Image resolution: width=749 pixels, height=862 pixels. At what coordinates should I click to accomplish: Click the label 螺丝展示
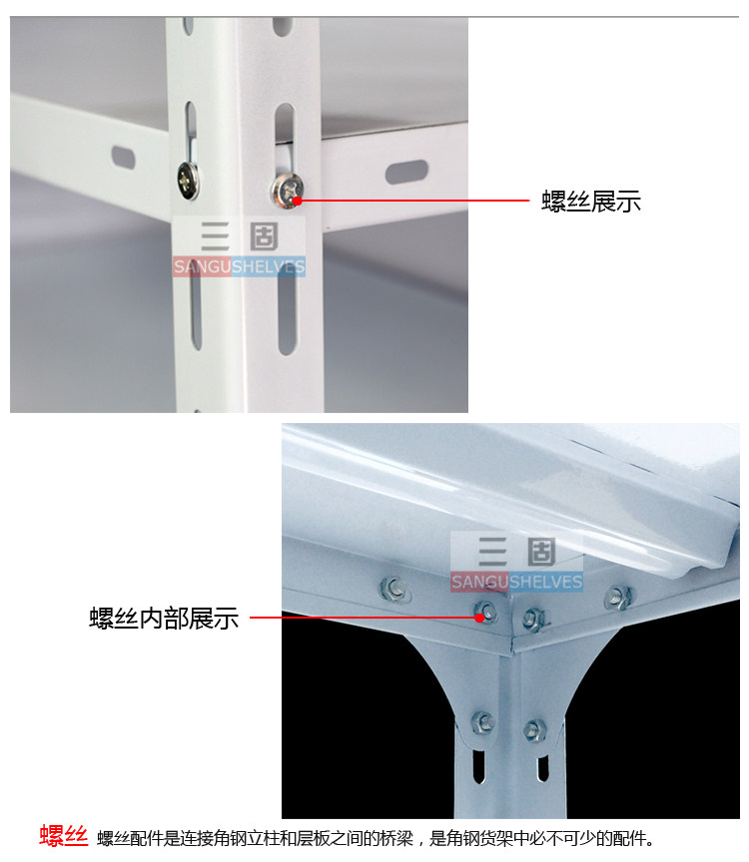coord(590,202)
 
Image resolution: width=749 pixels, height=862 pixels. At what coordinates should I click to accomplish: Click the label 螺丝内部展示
coord(164,618)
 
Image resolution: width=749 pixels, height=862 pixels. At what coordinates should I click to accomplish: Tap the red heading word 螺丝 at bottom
coord(63,836)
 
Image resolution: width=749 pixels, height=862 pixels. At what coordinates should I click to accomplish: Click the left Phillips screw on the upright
coord(189,180)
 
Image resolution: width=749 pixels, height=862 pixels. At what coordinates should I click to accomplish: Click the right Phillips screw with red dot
coord(287,191)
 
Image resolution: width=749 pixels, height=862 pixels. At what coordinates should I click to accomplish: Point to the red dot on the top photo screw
coord(298,201)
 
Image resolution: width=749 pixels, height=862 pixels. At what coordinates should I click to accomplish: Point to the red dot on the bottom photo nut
coord(480,618)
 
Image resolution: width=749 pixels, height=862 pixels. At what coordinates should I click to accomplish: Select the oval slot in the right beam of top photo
coord(406,172)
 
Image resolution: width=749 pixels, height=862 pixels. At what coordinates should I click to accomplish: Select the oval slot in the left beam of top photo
coord(123,158)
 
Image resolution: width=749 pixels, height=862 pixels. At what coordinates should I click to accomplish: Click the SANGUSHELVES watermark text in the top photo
coord(239,267)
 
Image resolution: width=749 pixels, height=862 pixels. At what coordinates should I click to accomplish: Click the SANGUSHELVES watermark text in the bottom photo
coord(516,582)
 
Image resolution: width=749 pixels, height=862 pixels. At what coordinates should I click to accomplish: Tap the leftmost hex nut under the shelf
coord(394,589)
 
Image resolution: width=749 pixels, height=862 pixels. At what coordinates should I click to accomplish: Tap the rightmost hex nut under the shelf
coord(617,598)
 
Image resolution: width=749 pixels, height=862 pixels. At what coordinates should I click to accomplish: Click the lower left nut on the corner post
coord(482,721)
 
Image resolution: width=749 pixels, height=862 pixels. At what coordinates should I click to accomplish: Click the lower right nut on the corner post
coord(534,730)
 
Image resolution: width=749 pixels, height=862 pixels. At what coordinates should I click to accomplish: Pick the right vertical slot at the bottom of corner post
coord(542,768)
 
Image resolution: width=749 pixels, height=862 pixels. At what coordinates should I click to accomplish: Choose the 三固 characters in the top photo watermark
coord(240,236)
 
